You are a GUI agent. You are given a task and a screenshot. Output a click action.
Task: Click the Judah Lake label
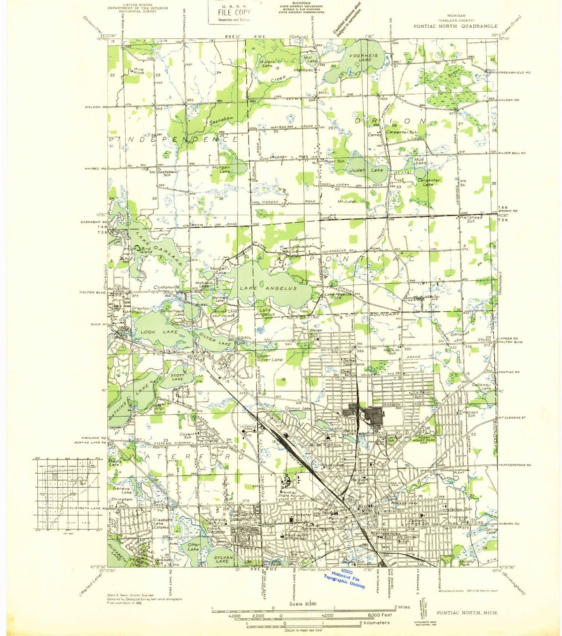point(366,170)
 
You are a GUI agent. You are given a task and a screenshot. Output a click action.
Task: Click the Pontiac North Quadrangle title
point(455,26)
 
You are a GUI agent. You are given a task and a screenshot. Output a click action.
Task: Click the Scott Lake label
point(177,377)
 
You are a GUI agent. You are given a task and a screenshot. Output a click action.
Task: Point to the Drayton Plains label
point(140,310)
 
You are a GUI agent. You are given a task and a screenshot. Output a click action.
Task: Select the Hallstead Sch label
point(471,219)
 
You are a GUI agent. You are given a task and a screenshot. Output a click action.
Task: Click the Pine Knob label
point(138,71)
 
